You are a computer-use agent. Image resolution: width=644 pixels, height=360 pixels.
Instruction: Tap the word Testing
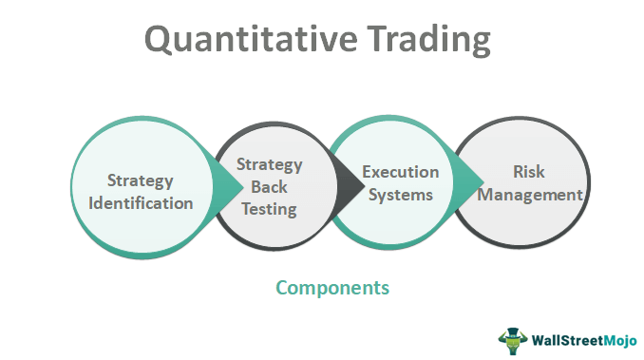point(269,208)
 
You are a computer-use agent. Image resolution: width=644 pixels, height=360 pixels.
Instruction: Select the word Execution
point(400,172)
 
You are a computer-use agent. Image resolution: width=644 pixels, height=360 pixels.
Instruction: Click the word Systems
point(400,195)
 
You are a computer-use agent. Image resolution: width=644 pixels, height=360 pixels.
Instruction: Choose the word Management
point(532,196)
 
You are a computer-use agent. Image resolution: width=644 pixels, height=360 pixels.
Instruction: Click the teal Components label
point(332,286)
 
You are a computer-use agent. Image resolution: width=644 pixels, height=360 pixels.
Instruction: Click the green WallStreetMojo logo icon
point(510,338)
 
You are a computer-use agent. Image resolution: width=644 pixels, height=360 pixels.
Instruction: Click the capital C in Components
point(282,286)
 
